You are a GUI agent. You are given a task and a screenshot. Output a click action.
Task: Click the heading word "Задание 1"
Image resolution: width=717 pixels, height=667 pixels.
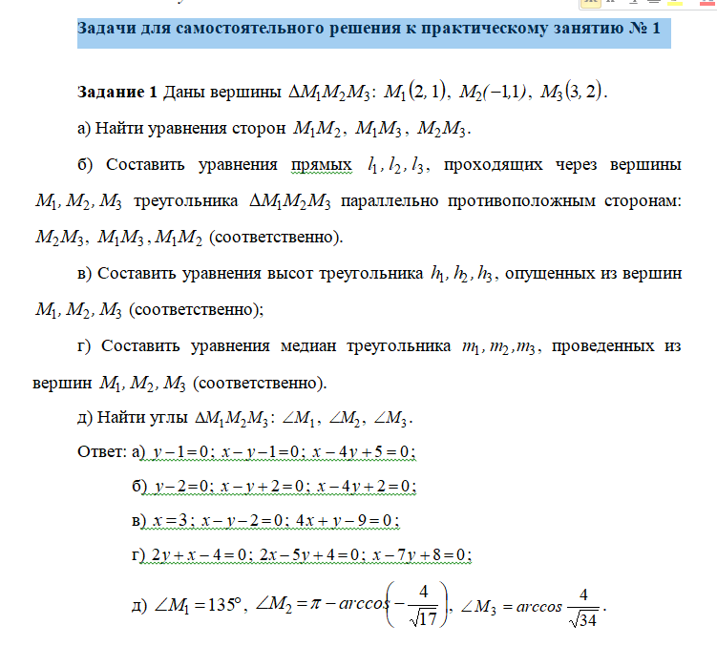pyautogui.click(x=116, y=93)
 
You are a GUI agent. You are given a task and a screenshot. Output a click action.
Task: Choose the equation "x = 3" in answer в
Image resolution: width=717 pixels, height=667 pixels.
pyautogui.click(x=166, y=520)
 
